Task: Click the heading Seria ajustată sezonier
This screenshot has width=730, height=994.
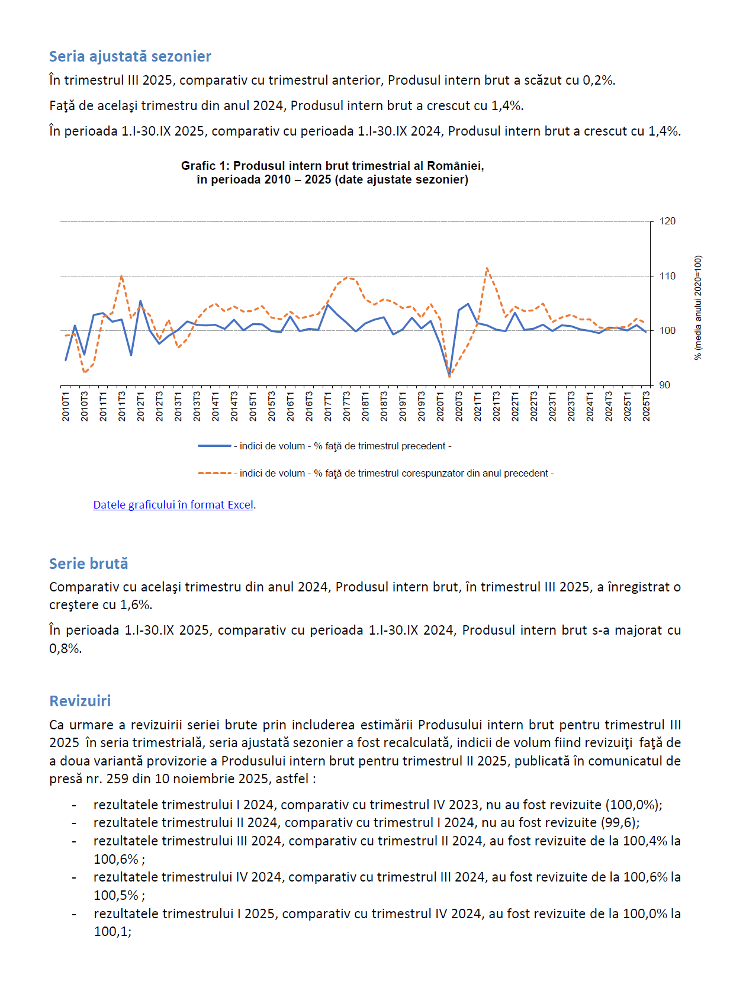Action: pyautogui.click(x=130, y=56)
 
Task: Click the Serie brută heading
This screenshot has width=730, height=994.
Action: pyautogui.click(x=88, y=564)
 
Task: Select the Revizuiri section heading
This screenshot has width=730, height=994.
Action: pyautogui.click(x=80, y=701)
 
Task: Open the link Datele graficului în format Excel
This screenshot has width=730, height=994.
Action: pyautogui.click(x=173, y=505)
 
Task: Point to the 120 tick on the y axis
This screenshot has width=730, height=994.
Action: pyautogui.click(x=667, y=221)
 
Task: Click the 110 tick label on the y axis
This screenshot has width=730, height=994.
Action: pyautogui.click(x=667, y=276)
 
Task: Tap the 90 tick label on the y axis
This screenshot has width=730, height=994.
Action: pyautogui.click(x=665, y=385)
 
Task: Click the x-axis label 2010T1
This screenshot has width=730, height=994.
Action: pyautogui.click(x=66, y=406)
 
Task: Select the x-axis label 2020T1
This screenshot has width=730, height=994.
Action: pyautogui.click(x=440, y=406)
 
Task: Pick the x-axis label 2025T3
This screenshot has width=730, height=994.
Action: pyautogui.click(x=647, y=406)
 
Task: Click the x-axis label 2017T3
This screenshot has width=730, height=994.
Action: pyautogui.click(x=347, y=406)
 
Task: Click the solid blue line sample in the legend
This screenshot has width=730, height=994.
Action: pyautogui.click(x=214, y=446)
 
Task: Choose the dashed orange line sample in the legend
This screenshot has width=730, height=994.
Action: pyautogui.click(x=214, y=473)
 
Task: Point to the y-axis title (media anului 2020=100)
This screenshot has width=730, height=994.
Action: pyautogui.click(x=698, y=308)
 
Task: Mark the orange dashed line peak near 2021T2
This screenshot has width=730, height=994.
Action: pyautogui.click(x=487, y=268)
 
